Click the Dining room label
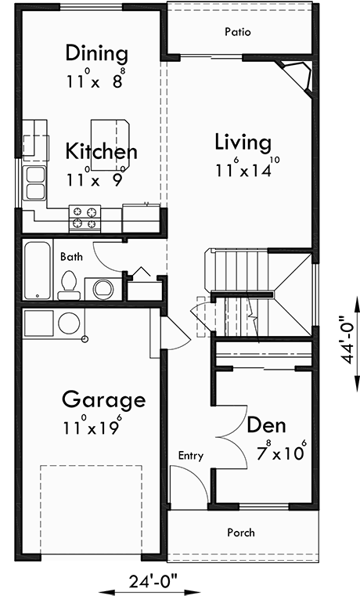[96, 54]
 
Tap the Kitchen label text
[101, 151]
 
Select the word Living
[243, 143]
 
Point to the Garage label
[103, 400]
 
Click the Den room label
[266, 426]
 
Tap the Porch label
[240, 533]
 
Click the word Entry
[191, 455]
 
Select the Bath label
[70, 256]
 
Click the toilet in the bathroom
[69, 285]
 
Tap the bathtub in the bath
[35, 270]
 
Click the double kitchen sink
[34, 183]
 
